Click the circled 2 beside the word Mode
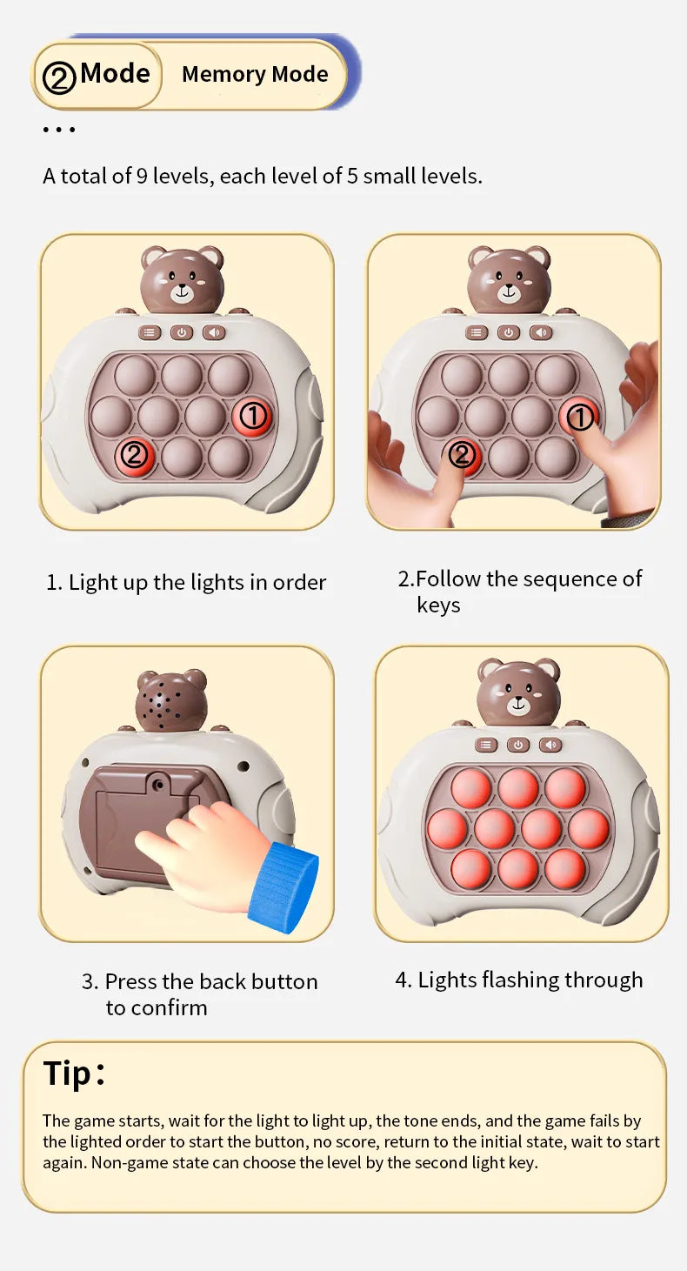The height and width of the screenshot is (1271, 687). click(59, 77)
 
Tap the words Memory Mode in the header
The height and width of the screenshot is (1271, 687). click(255, 74)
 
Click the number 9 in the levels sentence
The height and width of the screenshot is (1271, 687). click(142, 176)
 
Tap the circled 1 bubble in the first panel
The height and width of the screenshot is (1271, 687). click(253, 416)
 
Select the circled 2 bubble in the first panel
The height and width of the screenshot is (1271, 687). click(135, 455)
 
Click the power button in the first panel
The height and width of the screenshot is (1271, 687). click(182, 332)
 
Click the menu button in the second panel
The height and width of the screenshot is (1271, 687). click(477, 332)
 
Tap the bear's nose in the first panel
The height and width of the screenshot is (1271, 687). click(182, 288)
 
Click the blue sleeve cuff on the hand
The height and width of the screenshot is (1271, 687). click(283, 886)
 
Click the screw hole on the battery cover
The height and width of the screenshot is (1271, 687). click(160, 785)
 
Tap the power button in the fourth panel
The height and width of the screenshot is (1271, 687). click(518, 745)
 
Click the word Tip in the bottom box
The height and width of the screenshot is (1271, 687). click(68, 1074)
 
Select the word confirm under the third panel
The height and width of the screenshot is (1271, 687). click(169, 1007)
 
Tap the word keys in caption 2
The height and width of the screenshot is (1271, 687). click(438, 605)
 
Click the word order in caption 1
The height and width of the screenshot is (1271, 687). click(299, 582)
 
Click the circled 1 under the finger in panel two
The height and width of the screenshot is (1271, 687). click(580, 417)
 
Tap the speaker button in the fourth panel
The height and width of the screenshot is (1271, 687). click(550, 745)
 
